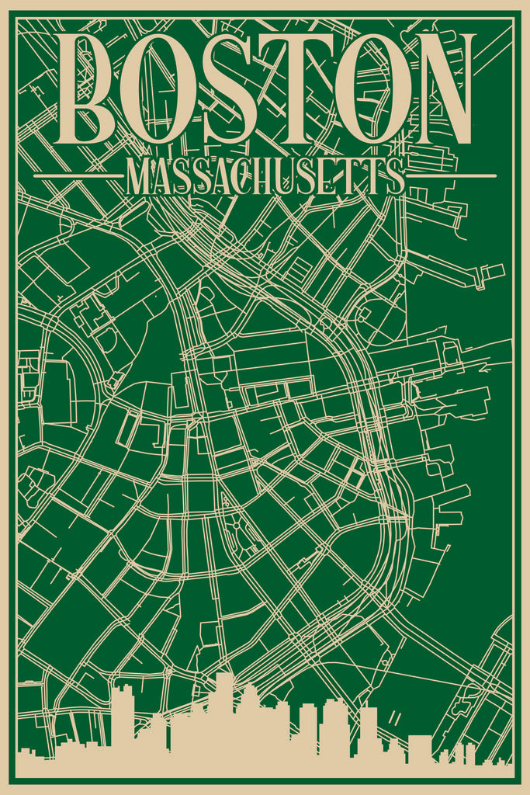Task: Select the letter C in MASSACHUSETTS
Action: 246,178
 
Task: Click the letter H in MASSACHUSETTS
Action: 268,178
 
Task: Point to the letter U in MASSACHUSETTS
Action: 290,178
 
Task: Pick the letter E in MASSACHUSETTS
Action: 331,178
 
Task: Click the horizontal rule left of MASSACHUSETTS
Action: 78,176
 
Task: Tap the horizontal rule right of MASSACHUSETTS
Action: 452,176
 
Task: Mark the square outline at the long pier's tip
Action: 492,271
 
